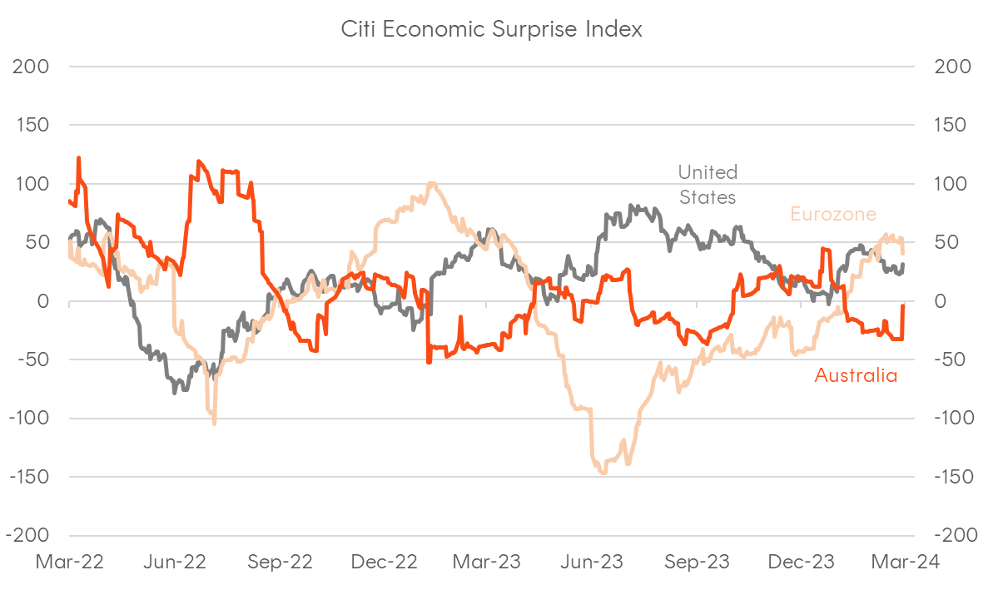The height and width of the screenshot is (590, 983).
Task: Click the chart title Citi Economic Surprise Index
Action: [x=491, y=29]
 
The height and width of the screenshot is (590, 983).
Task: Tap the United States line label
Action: [x=707, y=185]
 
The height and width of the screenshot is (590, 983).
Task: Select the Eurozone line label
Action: [x=832, y=214]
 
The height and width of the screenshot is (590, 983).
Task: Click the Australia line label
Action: [x=856, y=375]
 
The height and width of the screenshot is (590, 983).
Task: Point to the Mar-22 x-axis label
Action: [x=70, y=562]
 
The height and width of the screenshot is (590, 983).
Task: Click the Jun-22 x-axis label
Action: [x=174, y=562]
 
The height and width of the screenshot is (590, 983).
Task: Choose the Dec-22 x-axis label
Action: [x=383, y=562]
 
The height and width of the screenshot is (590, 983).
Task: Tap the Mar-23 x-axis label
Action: [x=486, y=562]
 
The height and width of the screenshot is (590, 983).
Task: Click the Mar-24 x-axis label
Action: [x=905, y=562]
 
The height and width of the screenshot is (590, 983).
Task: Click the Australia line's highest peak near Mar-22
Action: [x=79, y=158]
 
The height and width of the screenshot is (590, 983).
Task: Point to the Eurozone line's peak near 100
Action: [x=430, y=183]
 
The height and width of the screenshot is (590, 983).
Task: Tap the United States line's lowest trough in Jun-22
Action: [x=174, y=391]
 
